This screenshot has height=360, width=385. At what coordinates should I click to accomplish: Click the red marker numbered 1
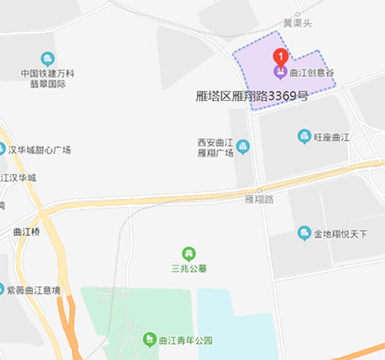279,56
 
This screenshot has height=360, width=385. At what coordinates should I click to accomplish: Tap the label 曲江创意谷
312,74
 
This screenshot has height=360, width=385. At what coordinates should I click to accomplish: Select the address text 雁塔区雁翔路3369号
252,97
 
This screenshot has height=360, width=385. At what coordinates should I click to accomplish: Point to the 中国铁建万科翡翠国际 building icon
46,58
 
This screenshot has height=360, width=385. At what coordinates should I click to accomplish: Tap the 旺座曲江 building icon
304,136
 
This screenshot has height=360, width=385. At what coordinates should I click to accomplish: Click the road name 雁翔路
258,199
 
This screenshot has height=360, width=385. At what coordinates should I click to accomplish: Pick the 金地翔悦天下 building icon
304,233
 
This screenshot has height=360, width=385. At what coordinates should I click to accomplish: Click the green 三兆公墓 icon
188,253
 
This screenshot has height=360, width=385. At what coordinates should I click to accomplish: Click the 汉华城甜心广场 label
39,150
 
